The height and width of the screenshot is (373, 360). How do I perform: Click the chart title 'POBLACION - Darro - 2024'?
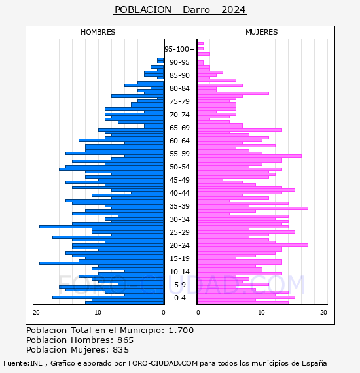180,10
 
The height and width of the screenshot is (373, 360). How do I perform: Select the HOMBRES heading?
98,32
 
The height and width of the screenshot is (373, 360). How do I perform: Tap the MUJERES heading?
262,32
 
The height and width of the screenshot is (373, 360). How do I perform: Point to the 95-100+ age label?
179,49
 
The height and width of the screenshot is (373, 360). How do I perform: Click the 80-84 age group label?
179,88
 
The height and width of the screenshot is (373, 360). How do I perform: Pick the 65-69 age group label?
179,128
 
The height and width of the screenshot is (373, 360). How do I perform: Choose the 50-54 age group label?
179,167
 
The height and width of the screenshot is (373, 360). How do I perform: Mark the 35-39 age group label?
179,206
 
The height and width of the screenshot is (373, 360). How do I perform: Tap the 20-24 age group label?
179,245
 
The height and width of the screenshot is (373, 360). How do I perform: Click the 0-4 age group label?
180,298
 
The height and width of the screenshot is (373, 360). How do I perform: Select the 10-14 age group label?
179,272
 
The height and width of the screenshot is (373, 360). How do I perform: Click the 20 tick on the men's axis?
36,313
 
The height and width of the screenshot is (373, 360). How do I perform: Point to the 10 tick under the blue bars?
98,313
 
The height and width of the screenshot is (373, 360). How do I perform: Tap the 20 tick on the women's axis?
323,313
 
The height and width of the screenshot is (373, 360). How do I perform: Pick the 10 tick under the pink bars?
262,313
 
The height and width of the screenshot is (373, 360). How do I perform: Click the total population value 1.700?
181,330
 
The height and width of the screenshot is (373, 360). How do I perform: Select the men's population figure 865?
126,340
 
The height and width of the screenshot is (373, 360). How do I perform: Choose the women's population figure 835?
121,350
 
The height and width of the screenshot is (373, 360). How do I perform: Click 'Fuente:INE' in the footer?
23,363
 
